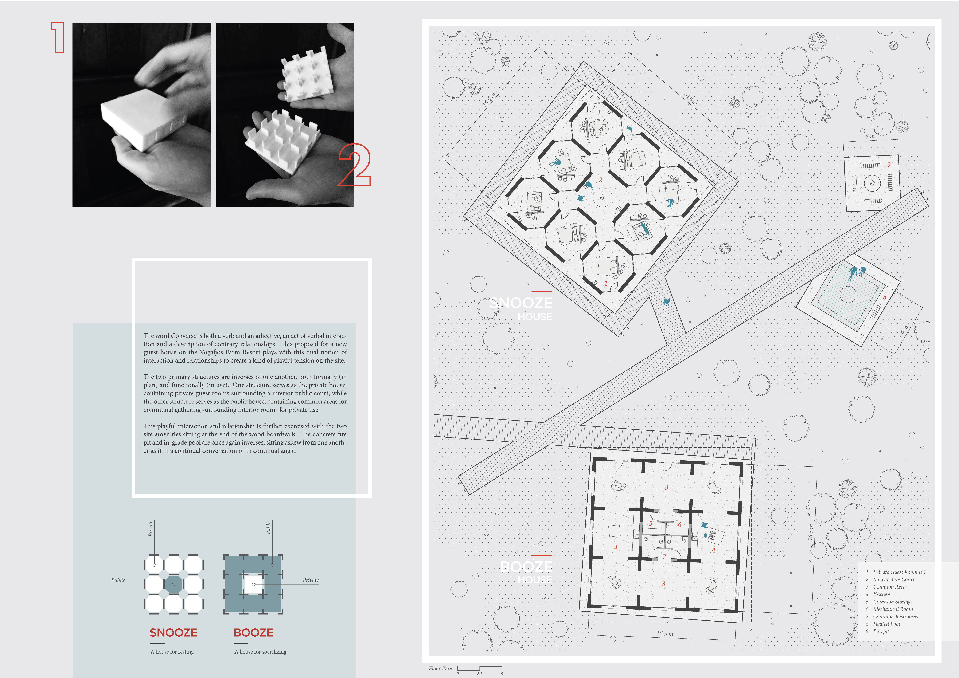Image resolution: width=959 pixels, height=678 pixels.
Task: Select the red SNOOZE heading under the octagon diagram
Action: click(173, 632)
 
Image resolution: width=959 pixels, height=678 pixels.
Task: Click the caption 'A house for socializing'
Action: click(260, 652)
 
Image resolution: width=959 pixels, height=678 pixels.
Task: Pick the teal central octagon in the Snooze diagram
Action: click(174, 584)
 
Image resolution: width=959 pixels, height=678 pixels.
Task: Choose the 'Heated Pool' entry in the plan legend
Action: click(886, 624)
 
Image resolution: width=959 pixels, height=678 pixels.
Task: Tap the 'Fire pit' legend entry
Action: click(881, 631)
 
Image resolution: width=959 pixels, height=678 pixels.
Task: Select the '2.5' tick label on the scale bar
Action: click(479, 674)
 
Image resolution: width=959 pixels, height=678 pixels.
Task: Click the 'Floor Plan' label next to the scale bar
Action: click(440, 668)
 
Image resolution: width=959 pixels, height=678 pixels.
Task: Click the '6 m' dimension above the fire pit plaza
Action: click(870, 137)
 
